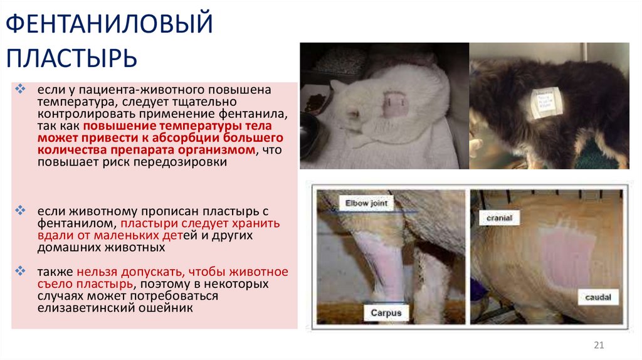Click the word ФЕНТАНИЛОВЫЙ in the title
coord(110,26)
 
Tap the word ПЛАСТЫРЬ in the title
coord(72,58)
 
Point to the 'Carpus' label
coord(385,312)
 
